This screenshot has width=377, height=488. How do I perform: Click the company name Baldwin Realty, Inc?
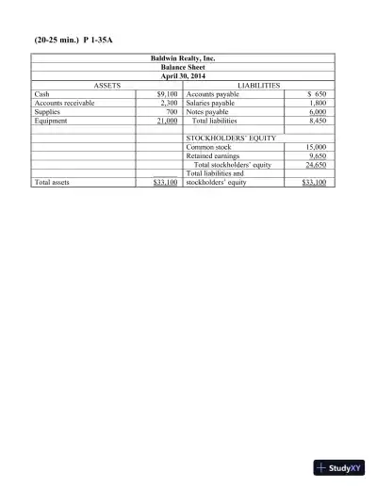click(183, 58)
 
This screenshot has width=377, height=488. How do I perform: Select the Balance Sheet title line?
click(183, 67)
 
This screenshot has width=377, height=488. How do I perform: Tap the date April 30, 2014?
click(183, 76)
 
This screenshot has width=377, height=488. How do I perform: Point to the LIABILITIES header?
click(259, 86)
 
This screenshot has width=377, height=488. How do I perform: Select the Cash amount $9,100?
click(167, 94)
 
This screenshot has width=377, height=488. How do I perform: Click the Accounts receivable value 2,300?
click(169, 103)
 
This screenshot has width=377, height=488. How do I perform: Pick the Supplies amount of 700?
click(172, 112)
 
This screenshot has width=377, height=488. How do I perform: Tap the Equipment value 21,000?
click(167, 121)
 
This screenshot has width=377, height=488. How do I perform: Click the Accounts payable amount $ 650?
click(318, 94)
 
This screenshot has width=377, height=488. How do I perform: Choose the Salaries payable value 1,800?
click(318, 103)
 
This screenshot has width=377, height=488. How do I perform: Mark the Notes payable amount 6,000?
click(318, 112)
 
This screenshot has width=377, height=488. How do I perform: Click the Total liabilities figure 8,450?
click(318, 121)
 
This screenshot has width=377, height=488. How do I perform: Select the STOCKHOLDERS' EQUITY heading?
click(230, 138)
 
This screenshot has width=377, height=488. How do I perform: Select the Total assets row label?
click(52, 182)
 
